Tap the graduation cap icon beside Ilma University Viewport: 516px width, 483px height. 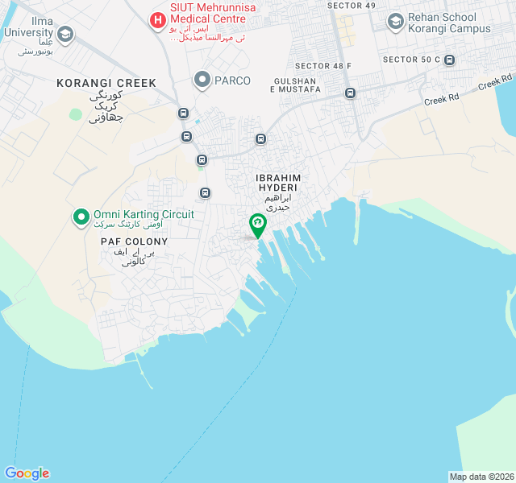(64, 34)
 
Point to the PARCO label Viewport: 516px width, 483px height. (232, 80)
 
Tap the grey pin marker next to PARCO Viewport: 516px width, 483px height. (202, 80)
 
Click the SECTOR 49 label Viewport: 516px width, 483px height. (352, 6)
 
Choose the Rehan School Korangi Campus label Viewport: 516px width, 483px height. (448, 22)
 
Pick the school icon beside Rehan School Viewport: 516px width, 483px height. (395, 21)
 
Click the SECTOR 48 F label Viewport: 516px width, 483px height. (323, 66)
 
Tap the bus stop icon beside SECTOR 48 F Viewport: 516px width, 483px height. (350, 93)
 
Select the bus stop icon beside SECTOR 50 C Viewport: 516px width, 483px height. (449, 60)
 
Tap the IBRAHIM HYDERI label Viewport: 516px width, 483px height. (277, 182)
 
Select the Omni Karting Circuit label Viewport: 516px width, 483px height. (144, 214)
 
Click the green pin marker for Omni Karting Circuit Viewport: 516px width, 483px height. (81, 217)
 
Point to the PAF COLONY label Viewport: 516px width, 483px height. (134, 242)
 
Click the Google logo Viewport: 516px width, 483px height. (27, 473)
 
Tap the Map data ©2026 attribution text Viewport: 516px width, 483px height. (481, 477)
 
